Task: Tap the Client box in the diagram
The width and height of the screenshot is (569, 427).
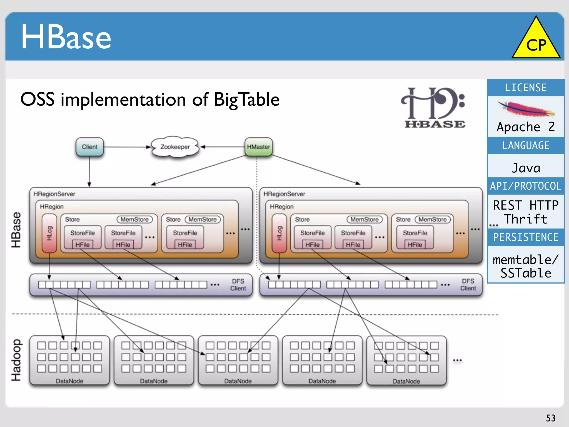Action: tap(89, 147)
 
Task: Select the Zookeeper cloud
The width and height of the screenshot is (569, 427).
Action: tap(175, 147)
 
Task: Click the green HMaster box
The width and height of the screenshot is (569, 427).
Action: tap(258, 147)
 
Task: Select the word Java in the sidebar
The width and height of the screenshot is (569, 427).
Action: tap(526, 168)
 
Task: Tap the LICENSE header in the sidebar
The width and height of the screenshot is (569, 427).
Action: tap(526, 88)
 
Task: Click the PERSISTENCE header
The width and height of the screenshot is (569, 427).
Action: tap(526, 237)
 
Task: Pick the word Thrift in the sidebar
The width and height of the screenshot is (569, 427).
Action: tap(526, 219)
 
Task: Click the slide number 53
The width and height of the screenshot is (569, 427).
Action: tap(551, 418)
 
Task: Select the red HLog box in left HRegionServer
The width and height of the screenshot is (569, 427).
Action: tap(49, 233)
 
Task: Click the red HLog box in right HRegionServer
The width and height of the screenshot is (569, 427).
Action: tap(279, 233)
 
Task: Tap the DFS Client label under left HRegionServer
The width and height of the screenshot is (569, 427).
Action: tap(238, 285)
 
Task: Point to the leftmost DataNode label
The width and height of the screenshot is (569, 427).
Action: tap(69, 381)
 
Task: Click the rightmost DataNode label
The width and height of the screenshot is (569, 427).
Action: tap(406, 381)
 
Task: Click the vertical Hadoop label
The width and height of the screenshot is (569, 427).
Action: tap(16, 360)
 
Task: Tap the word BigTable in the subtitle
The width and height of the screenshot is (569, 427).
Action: tap(246, 100)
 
